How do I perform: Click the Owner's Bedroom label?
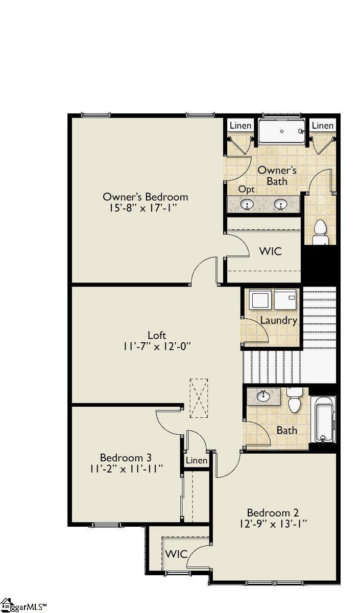pyautogui.click(x=145, y=197)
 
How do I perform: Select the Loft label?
pyautogui.click(x=157, y=335)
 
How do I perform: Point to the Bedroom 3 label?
pyautogui.click(x=126, y=457)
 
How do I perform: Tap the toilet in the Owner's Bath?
pyautogui.click(x=320, y=232)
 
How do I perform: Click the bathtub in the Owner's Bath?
pyautogui.click(x=282, y=131)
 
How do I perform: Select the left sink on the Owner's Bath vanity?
pyautogui.click(x=248, y=204)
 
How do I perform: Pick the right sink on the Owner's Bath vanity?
pyautogui.click(x=281, y=204)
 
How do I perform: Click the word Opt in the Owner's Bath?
pyautogui.click(x=246, y=190)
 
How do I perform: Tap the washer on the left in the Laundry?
pyautogui.click(x=262, y=300)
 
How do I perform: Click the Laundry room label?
pyautogui.click(x=278, y=320)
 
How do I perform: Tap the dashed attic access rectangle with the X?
pyautogui.click(x=199, y=398)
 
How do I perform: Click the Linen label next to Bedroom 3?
pyautogui.click(x=197, y=460)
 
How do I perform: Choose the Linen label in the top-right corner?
pyautogui.click(x=323, y=126)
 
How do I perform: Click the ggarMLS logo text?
pyautogui.click(x=28, y=606)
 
